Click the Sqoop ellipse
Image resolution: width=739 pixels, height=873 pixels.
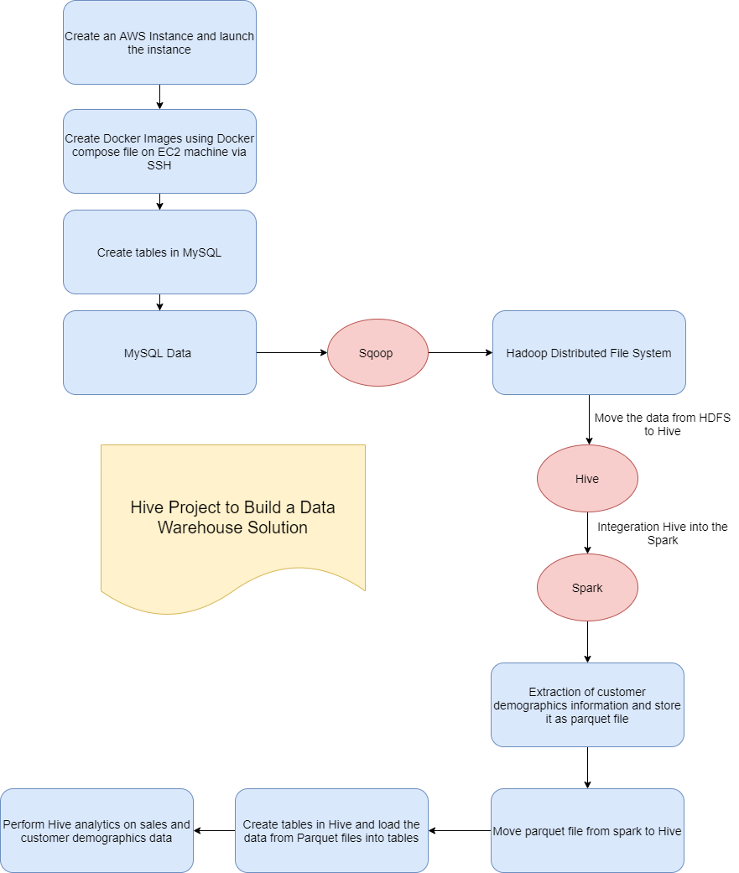point(377,353)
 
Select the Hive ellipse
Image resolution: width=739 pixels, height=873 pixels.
point(587,479)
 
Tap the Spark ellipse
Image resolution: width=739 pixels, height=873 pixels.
point(587,588)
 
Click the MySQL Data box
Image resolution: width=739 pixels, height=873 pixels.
point(159,353)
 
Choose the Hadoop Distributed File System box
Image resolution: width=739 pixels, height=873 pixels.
point(589,353)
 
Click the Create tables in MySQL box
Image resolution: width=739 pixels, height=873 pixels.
point(159,252)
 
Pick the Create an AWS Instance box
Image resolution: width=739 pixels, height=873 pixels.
point(159,43)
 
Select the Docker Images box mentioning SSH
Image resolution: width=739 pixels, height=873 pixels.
point(159,152)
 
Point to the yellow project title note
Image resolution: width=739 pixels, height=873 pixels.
point(233,517)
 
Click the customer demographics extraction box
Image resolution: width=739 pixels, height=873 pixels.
point(587,705)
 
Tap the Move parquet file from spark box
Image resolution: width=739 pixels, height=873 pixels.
point(587,831)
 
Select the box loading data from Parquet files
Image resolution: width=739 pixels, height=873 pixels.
point(331,831)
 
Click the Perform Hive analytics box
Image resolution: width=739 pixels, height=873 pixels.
point(96,831)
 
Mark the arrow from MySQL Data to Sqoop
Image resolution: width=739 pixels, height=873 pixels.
point(291,353)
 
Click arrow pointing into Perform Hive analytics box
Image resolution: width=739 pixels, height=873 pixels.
point(214,831)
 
